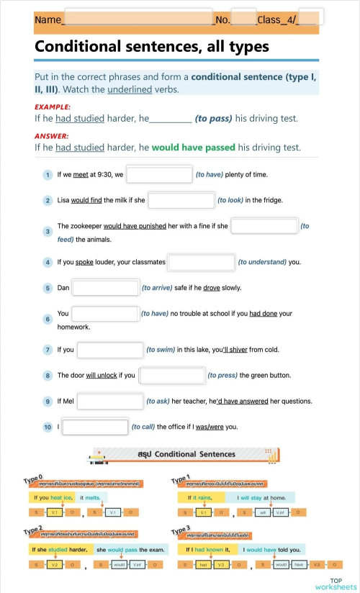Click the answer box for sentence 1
[159, 175]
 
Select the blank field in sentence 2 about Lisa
[181, 200]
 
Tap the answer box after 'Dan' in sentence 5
[105, 288]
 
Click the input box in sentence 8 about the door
[171, 375]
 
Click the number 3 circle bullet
[48, 232]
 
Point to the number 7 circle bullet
[48, 350]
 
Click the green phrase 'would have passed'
[193, 148]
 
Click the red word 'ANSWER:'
[52, 136]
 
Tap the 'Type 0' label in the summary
[33, 479]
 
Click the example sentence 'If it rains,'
[200, 497]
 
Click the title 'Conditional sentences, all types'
[152, 47]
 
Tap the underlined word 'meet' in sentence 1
[81, 175]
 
